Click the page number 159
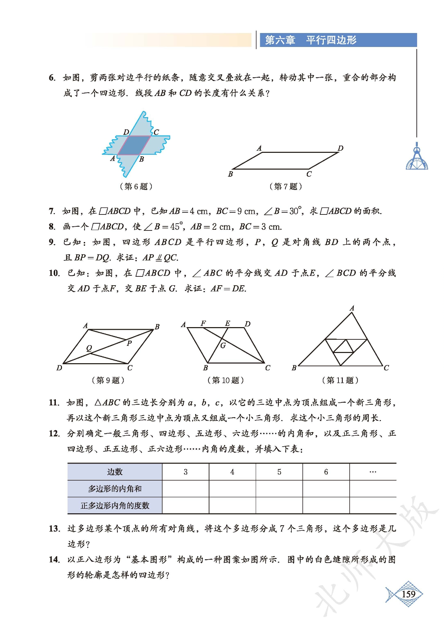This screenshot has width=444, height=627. pos(408,594)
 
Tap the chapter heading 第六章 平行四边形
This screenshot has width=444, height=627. pos(311,40)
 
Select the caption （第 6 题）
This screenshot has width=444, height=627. pos(136,186)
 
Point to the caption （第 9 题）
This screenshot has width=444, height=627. pos(108,380)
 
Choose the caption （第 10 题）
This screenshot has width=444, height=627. pos(225,380)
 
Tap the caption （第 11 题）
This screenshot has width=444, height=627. pos(340,380)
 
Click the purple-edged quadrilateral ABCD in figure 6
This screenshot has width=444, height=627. pos(134,145)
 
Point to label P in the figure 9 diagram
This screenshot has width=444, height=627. pos(129,343)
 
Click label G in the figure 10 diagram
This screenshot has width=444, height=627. pos(223,345)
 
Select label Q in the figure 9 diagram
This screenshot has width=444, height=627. pos(89,348)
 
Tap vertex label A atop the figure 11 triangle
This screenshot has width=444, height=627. pos(352,308)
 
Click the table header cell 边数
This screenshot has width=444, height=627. pos(115,472)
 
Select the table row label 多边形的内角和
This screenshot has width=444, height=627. pos(115,489)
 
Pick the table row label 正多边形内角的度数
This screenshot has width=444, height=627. pos(115,505)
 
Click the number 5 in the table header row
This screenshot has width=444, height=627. pos(279,472)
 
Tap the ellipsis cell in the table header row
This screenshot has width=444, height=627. pos(373,472)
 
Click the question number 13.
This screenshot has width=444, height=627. pos(54,529)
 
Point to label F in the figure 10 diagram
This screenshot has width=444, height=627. pos(203,323)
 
